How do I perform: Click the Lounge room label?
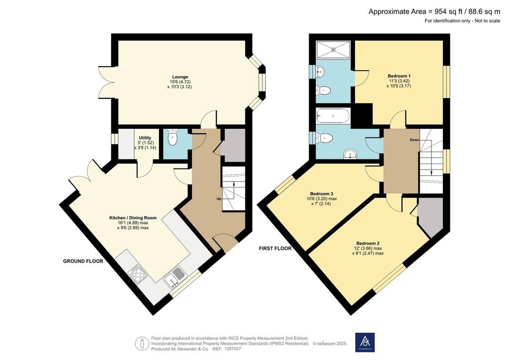pyautogui.click(x=180, y=77)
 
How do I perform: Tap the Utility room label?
pyautogui.click(x=145, y=138)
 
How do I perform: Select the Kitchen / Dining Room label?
pyautogui.click(x=133, y=218)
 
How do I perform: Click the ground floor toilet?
pyautogui.click(x=172, y=138)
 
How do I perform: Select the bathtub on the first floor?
pyautogui.click(x=333, y=115)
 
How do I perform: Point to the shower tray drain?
pyautogui.click(x=333, y=50)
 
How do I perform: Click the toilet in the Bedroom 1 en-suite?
pyautogui.click(x=323, y=90)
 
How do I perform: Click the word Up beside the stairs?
pyautogui.click(x=219, y=199)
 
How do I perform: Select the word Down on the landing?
pyautogui.click(x=415, y=140)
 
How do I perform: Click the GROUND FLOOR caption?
pyautogui.click(x=83, y=261)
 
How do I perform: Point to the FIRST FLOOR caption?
pyautogui.click(x=275, y=248)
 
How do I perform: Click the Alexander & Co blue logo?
pyautogui.click(x=365, y=343)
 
